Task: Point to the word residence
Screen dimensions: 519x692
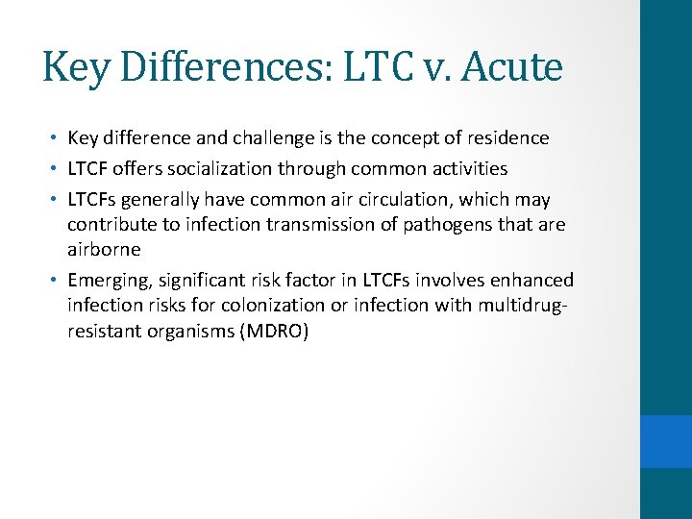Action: coord(508,137)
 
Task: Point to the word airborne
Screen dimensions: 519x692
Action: coord(104,249)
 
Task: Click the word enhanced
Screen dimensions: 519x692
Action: coord(533,280)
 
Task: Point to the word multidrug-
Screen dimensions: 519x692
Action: coord(523,305)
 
